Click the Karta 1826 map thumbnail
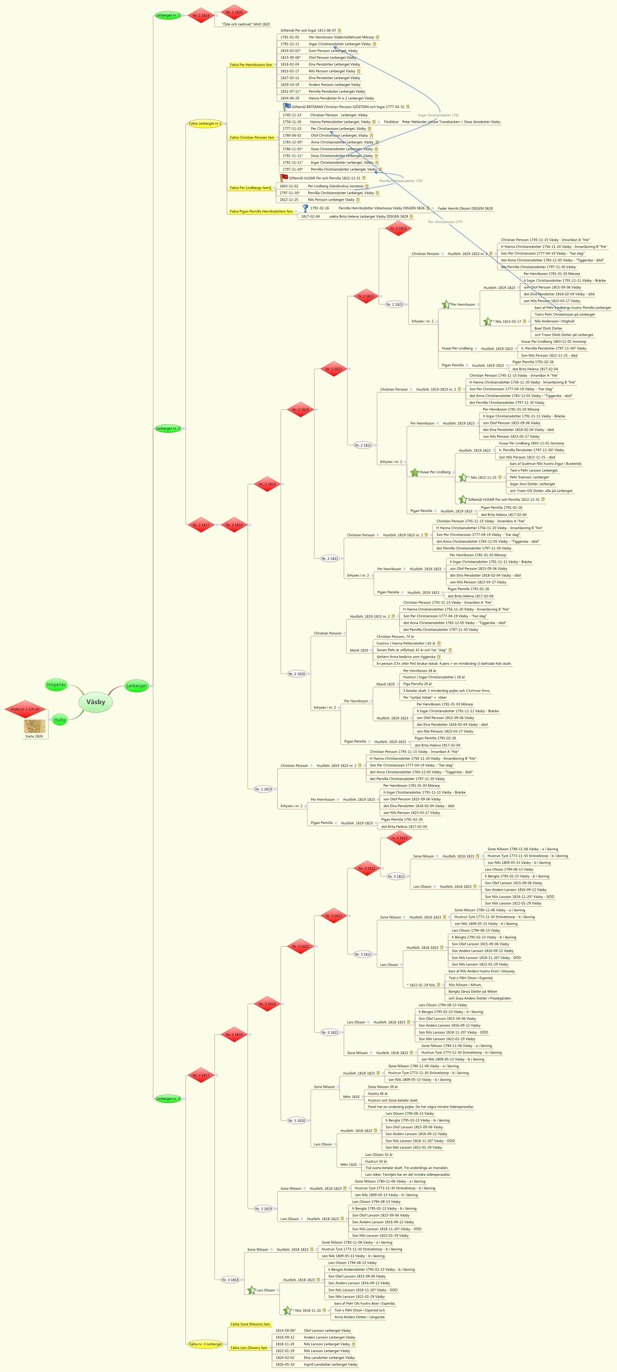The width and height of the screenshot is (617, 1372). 35,726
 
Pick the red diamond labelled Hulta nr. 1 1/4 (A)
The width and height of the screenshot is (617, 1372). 25,709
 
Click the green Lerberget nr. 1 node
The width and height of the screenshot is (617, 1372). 168,15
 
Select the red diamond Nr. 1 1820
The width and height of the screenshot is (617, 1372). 235,12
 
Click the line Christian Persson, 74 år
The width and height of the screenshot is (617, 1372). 395,636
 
